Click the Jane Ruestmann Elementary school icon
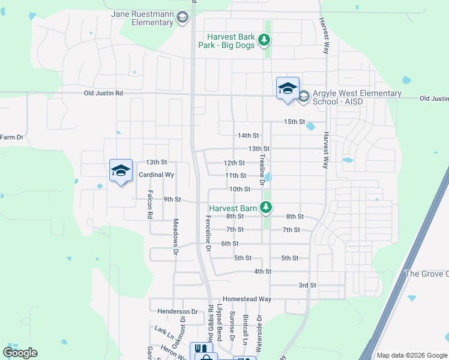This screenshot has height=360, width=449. (182, 18)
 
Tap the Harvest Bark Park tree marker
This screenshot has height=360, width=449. (264, 40)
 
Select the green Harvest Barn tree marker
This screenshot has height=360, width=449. (265, 208)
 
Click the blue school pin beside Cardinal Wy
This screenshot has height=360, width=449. (121, 171)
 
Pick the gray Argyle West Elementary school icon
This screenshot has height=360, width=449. (304, 96)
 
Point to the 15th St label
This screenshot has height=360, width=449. (295, 122)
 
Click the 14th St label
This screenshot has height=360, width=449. (248, 136)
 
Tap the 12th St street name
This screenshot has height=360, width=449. (234, 163)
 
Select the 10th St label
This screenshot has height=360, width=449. (240, 189)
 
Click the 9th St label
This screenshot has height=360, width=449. (172, 200)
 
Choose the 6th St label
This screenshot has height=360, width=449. (230, 244)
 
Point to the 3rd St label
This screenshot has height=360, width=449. (307, 285)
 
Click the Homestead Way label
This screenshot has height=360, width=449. (247, 299)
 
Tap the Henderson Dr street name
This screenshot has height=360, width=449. (178, 311)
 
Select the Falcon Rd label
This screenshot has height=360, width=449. (149, 205)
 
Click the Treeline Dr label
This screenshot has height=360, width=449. (262, 169)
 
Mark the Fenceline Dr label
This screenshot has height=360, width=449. (208, 233)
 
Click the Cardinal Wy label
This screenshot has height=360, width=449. (156, 175)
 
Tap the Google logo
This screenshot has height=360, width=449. (20, 353)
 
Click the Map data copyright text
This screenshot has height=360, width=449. (411, 355)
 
